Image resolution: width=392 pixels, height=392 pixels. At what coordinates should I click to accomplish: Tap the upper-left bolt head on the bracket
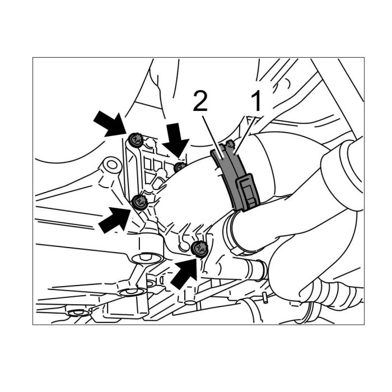136,139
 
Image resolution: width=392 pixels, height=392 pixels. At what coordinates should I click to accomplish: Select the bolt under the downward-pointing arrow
180,167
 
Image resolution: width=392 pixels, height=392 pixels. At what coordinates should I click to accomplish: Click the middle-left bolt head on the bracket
138,202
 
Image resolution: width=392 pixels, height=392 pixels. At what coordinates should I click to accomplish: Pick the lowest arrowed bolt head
199,249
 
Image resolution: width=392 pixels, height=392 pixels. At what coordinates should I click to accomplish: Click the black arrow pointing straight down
176,140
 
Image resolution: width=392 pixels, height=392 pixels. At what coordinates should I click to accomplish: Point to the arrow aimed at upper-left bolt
110,124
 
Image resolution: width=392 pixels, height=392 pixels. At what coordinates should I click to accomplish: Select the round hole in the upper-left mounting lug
113,165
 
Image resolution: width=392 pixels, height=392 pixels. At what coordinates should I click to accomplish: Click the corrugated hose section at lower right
333,292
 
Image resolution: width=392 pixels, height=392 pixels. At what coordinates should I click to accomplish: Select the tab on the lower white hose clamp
237,251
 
